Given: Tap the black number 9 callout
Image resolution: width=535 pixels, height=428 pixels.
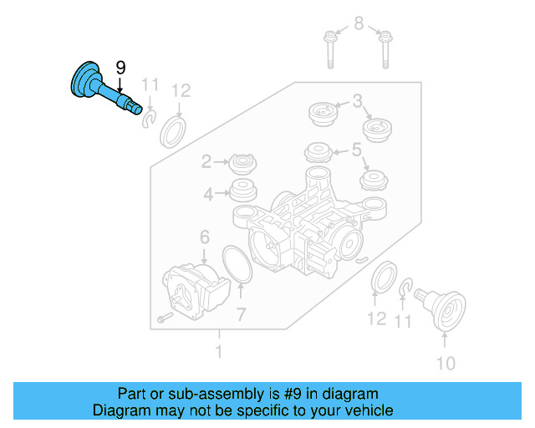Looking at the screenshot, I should pos(120,66).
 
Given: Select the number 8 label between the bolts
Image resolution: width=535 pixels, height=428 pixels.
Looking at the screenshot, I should pos(359,23).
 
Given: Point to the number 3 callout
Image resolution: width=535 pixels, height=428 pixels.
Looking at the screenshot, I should pos(357,102).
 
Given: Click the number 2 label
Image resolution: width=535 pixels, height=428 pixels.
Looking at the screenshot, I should pos(206,161).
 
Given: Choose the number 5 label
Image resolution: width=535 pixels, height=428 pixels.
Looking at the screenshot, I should pos(357,150).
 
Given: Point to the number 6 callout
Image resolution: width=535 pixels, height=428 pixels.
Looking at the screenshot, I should pos(204,238).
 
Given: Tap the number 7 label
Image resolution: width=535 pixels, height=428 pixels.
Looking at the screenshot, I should pos(240,314).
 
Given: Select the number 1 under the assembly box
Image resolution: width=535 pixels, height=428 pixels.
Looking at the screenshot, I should pos(219,353).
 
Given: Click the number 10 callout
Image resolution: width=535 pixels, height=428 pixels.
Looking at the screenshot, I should pos(446,363).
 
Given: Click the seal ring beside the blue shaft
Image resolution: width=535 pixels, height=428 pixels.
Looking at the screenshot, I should pos(174,131).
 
